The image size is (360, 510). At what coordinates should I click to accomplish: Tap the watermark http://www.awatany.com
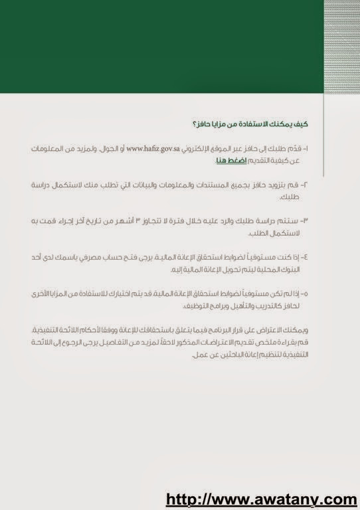(x=261, y=498)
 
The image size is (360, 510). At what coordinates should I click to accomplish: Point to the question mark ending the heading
(x=193, y=124)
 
